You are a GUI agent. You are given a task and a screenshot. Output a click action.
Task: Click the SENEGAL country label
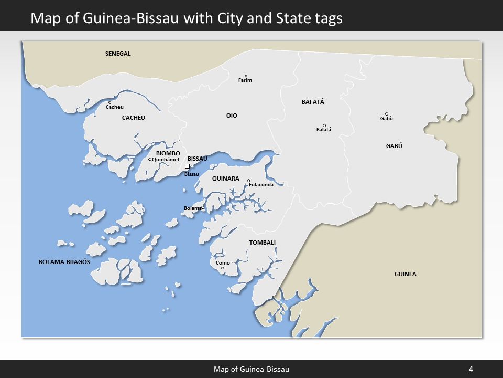point(118,54)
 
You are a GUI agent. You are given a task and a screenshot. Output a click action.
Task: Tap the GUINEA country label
point(405,274)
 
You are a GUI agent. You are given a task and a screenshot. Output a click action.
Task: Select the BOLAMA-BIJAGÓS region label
point(64,261)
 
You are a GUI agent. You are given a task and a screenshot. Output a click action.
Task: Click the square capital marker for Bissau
point(187,166)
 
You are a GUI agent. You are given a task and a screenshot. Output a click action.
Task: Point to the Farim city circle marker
point(246,76)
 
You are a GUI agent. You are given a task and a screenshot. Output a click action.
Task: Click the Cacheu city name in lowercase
point(115,107)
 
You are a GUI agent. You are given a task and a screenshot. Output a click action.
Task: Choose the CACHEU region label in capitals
point(133,118)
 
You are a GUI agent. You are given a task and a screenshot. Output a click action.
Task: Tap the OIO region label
point(232,115)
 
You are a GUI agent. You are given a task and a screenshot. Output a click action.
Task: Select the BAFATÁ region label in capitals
point(313,102)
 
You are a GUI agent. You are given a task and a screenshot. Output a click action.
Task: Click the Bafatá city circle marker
point(324,125)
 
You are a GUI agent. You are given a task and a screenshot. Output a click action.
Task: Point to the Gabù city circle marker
point(387,114)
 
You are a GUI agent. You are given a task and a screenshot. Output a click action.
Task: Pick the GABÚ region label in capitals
point(393,146)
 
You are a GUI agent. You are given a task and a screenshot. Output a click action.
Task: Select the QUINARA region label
point(225,178)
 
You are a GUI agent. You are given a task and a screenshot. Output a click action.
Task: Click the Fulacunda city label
point(261,185)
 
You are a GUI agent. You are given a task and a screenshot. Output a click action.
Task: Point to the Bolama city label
point(192,208)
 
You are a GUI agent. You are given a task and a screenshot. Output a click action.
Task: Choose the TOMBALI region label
point(262,243)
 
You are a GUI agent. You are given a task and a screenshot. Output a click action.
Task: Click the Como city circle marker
point(223,268)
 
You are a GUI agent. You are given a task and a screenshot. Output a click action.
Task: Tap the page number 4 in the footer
point(471,369)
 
